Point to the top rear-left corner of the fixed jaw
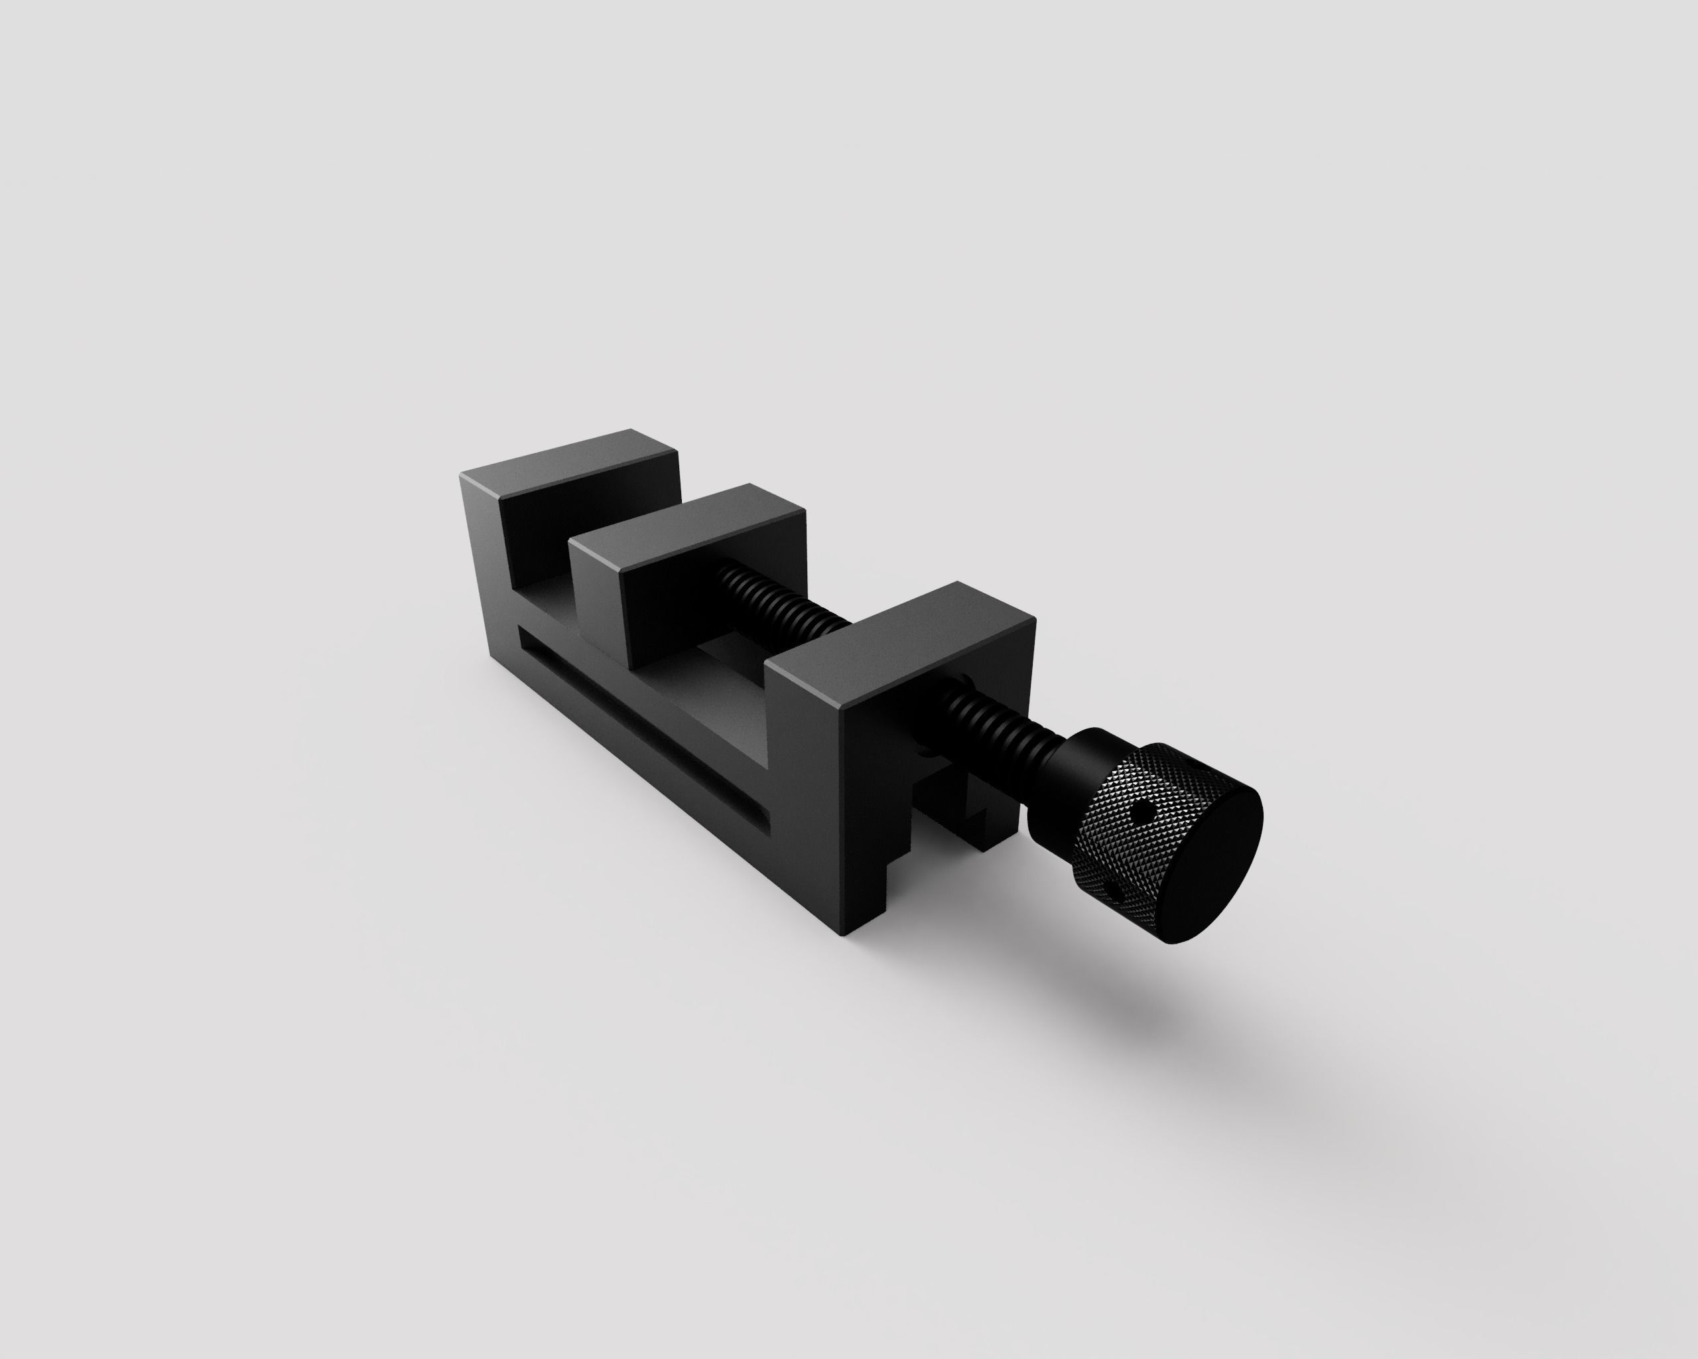pos(463,475)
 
